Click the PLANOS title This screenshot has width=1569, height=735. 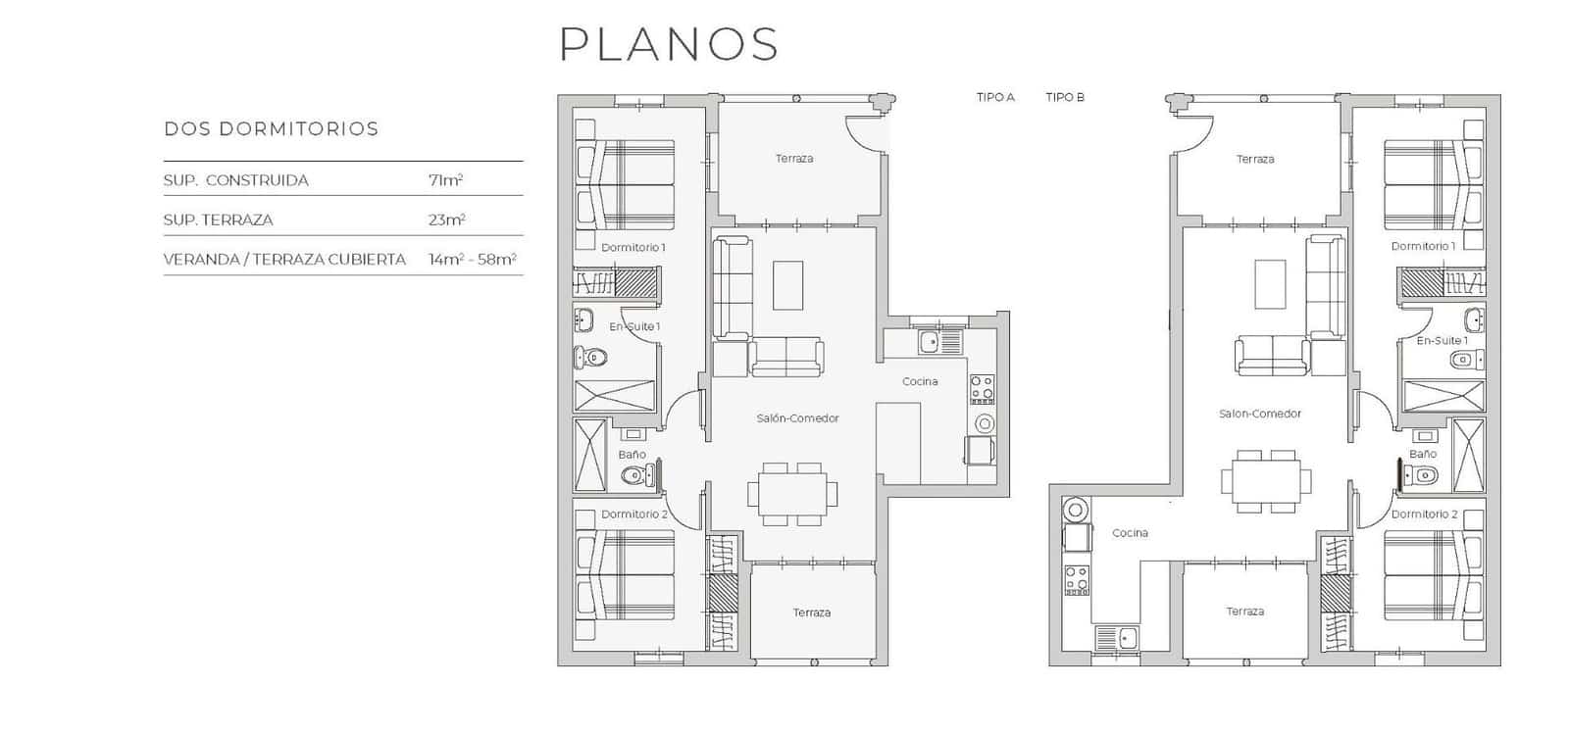(x=669, y=44)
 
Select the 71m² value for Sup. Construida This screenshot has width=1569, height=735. (x=445, y=180)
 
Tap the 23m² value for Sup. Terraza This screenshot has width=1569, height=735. (x=446, y=220)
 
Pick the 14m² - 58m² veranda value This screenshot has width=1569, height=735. (x=472, y=260)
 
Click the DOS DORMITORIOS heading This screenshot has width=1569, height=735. (x=271, y=129)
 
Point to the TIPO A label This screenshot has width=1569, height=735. (x=995, y=97)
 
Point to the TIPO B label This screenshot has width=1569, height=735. (x=1065, y=97)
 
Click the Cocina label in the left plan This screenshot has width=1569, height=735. (x=920, y=381)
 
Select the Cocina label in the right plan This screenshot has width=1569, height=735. (x=1130, y=533)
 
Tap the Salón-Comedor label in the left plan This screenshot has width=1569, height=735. (x=797, y=418)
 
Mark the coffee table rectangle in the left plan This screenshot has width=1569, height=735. (x=787, y=285)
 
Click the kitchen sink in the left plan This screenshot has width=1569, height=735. (x=928, y=342)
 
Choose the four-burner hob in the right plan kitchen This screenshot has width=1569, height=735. (x=1077, y=580)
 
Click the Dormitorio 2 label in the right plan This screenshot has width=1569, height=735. (x=1424, y=514)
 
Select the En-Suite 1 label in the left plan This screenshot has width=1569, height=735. (x=634, y=326)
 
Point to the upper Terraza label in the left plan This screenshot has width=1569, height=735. (x=793, y=159)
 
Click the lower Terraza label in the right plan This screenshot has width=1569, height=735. (x=1244, y=612)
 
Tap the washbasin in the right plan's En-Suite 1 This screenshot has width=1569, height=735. (x=1474, y=319)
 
